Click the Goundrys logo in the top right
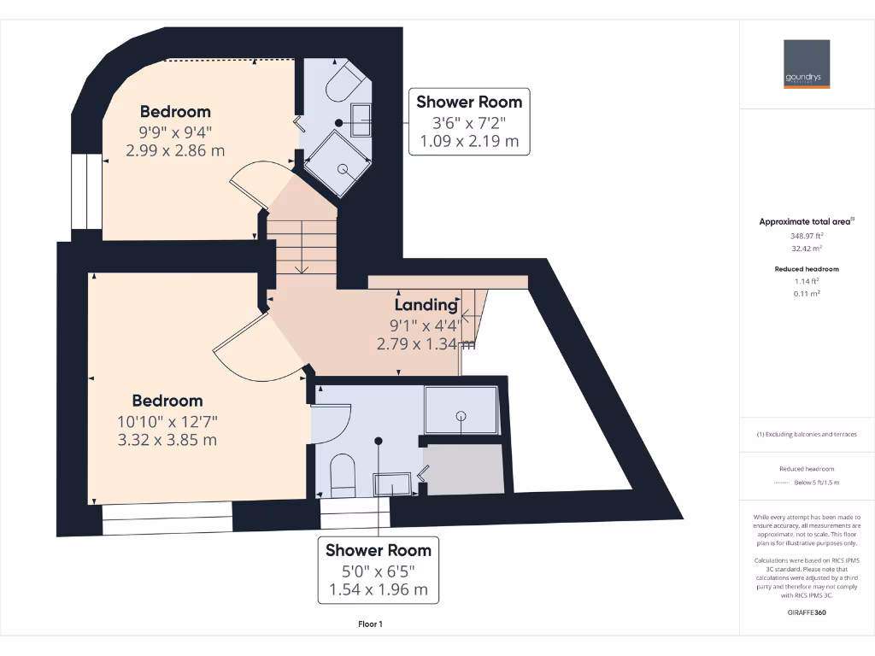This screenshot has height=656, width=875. coord(807,63)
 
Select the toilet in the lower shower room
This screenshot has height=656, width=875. coord(343,475)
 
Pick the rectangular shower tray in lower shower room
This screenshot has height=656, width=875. coord(461,410)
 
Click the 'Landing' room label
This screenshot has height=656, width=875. coord(426,305)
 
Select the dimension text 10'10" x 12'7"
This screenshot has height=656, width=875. coord(168,420)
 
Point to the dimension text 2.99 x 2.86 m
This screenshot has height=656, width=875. coord(175,150)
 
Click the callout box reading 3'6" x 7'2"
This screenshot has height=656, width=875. coord(469,121)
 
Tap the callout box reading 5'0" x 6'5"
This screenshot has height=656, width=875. coord(379,570)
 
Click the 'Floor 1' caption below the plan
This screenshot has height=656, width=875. coord(370,624)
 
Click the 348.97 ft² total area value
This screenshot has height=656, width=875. coord(807,235)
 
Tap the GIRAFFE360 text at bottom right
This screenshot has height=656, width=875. coord(807,612)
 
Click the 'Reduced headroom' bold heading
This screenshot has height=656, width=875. coord(807,269)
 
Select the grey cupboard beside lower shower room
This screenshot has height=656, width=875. coord(466,467)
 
